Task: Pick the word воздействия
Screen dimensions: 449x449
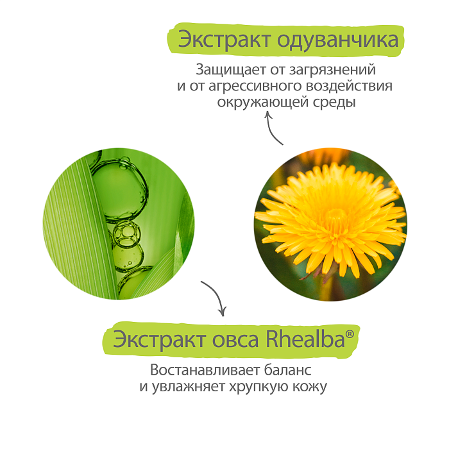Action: pos(351,86)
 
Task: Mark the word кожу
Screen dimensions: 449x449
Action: pos(310,387)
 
